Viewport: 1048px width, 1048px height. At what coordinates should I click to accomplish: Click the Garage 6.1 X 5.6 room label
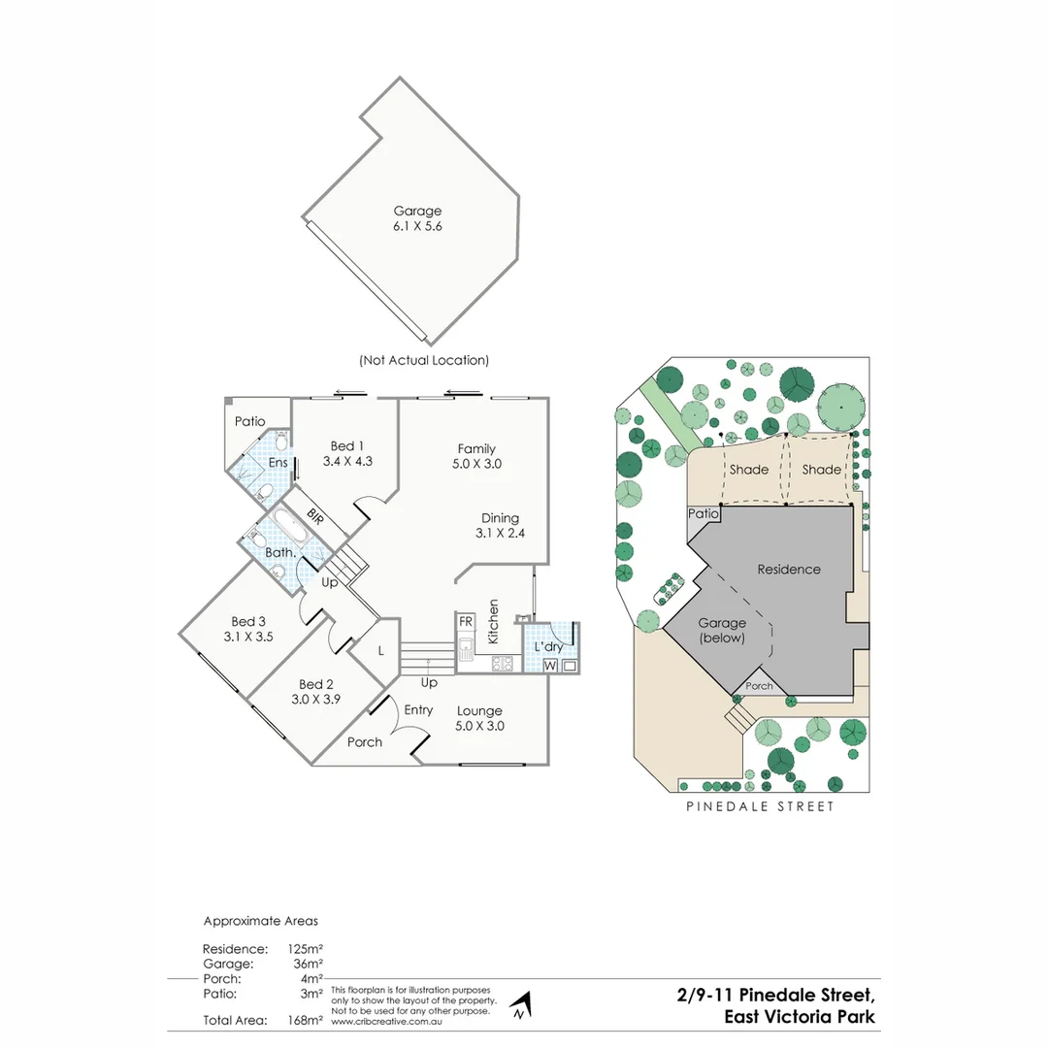pyautogui.click(x=417, y=218)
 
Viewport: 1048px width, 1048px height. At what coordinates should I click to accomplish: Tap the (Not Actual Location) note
pyautogui.click(x=423, y=360)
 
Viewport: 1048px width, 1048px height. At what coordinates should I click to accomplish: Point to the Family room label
pyautogui.click(x=476, y=448)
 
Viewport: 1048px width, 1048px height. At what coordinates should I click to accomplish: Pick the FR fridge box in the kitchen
pyautogui.click(x=466, y=621)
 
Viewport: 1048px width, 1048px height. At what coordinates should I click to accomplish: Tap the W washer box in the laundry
pyautogui.click(x=550, y=666)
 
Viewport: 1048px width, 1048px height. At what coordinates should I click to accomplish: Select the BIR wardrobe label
pyautogui.click(x=315, y=514)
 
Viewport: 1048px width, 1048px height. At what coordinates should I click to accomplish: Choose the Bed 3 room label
pyautogui.click(x=248, y=621)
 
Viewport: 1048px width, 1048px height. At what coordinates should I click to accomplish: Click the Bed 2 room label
pyautogui.click(x=316, y=684)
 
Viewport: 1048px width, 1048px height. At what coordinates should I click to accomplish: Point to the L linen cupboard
pyautogui.click(x=380, y=651)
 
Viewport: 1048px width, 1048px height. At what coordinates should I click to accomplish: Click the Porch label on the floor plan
pyautogui.click(x=364, y=742)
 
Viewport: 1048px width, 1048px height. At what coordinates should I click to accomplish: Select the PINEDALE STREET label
pyautogui.click(x=760, y=806)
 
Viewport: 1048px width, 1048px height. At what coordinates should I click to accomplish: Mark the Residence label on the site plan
pyautogui.click(x=788, y=570)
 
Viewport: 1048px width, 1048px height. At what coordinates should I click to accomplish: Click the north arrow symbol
pyautogui.click(x=521, y=1005)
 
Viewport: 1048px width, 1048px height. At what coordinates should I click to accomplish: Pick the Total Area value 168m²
pyautogui.click(x=305, y=1020)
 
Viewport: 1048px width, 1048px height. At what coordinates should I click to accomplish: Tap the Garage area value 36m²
pyautogui.click(x=308, y=964)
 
